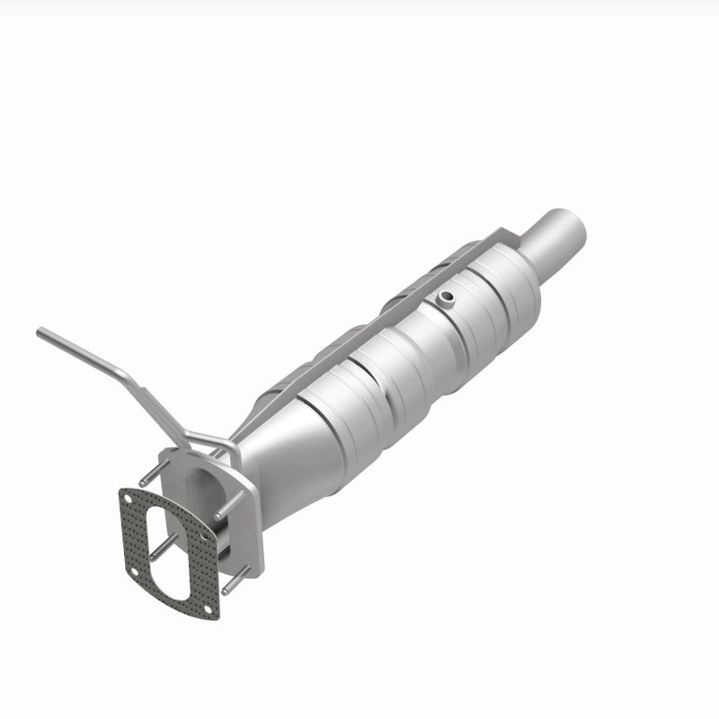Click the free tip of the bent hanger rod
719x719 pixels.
coord(40,333)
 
